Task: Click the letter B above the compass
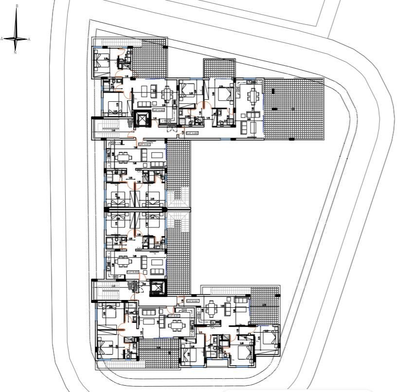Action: coord(17,6)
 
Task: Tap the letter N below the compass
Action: coord(16,52)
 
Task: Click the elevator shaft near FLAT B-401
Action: coord(158,288)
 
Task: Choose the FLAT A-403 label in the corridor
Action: coord(193,132)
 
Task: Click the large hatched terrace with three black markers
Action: coord(293,109)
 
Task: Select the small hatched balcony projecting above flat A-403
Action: coord(218,69)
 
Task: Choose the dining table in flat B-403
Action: coord(211,309)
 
